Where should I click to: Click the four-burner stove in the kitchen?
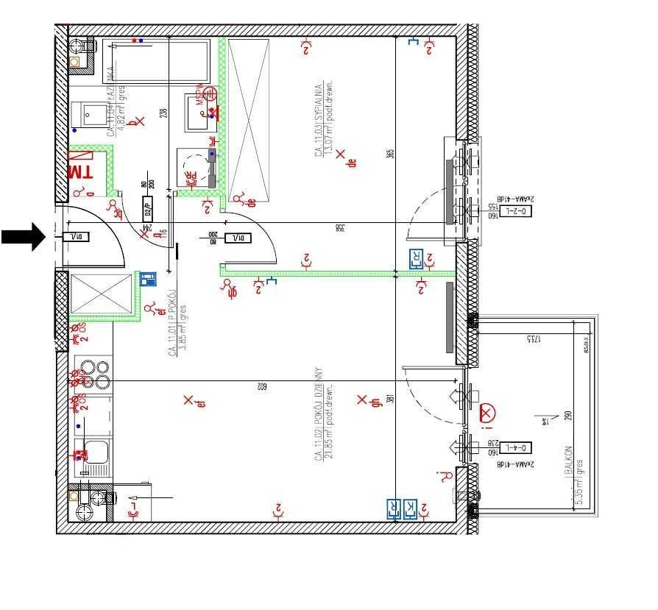click(x=93, y=374)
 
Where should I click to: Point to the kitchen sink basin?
click(x=96, y=452)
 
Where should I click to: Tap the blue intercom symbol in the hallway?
click(x=148, y=278)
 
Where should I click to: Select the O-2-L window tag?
click(x=518, y=212)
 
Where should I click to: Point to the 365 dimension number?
click(x=391, y=154)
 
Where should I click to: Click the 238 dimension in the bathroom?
click(x=164, y=113)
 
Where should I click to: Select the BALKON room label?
click(x=568, y=461)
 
